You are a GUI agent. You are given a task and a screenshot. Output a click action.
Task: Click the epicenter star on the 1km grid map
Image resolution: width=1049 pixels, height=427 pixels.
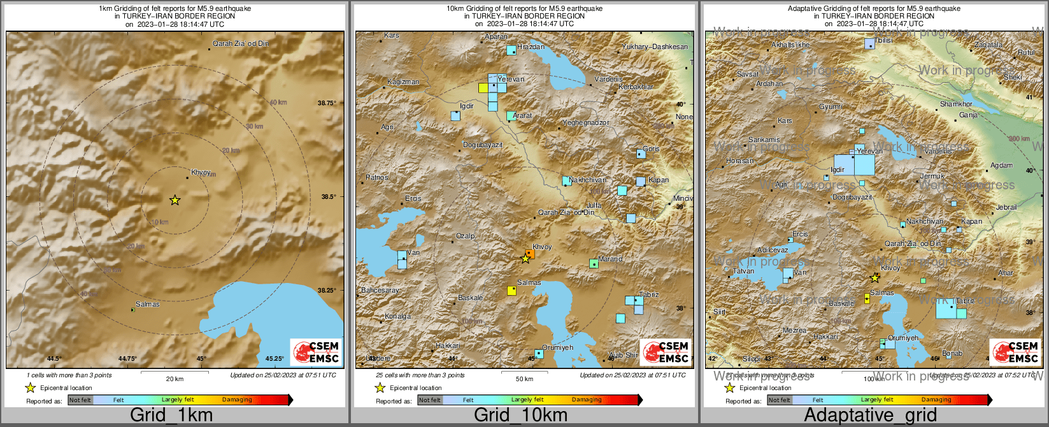pos(175,200)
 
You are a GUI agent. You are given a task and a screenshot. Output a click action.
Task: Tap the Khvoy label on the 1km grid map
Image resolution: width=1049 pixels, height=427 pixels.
pos(201,172)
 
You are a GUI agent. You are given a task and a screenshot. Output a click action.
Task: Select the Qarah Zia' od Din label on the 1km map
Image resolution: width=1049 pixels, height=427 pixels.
pos(240,43)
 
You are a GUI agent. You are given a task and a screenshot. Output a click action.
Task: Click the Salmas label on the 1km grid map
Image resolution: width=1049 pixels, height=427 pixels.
pos(148,304)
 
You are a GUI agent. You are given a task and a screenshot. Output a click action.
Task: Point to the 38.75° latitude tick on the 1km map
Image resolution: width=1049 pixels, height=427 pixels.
pos(327,103)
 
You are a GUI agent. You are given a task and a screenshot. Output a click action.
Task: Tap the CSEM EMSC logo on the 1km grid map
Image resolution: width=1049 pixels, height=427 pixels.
pos(317,352)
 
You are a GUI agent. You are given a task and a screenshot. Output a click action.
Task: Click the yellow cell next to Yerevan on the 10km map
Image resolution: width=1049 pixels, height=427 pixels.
pos(483,88)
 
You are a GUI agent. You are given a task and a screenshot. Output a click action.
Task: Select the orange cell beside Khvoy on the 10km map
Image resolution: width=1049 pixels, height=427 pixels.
pos(530,253)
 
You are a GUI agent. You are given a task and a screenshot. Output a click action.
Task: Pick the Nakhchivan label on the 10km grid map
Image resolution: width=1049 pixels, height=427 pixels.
pos(587,180)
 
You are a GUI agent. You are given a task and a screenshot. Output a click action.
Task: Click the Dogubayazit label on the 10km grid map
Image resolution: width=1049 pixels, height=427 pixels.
pos(482,145)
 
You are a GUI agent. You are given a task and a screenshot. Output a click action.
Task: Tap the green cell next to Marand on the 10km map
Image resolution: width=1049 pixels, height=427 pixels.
pos(594,263)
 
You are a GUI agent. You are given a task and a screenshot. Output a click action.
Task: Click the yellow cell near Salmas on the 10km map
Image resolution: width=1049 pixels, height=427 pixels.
pos(511,291)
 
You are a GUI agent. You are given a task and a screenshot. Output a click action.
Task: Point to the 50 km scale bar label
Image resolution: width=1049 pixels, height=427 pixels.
pos(524,379)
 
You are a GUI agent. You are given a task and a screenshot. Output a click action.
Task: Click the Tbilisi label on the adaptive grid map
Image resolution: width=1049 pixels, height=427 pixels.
pos(883,40)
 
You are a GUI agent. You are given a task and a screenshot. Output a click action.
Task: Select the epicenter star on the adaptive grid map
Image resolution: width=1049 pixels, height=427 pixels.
pos(875,278)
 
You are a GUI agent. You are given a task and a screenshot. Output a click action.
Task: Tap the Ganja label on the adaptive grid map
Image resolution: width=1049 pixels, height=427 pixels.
pos(968,115)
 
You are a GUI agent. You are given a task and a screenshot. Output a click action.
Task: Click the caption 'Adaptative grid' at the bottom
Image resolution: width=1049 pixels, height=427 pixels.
pos(870,415)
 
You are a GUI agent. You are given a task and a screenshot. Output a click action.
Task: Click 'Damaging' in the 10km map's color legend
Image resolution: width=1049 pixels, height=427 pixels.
pos(587,400)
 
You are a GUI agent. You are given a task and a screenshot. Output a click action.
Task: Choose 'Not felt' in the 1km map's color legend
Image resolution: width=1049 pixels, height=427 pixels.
pos(80,400)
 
